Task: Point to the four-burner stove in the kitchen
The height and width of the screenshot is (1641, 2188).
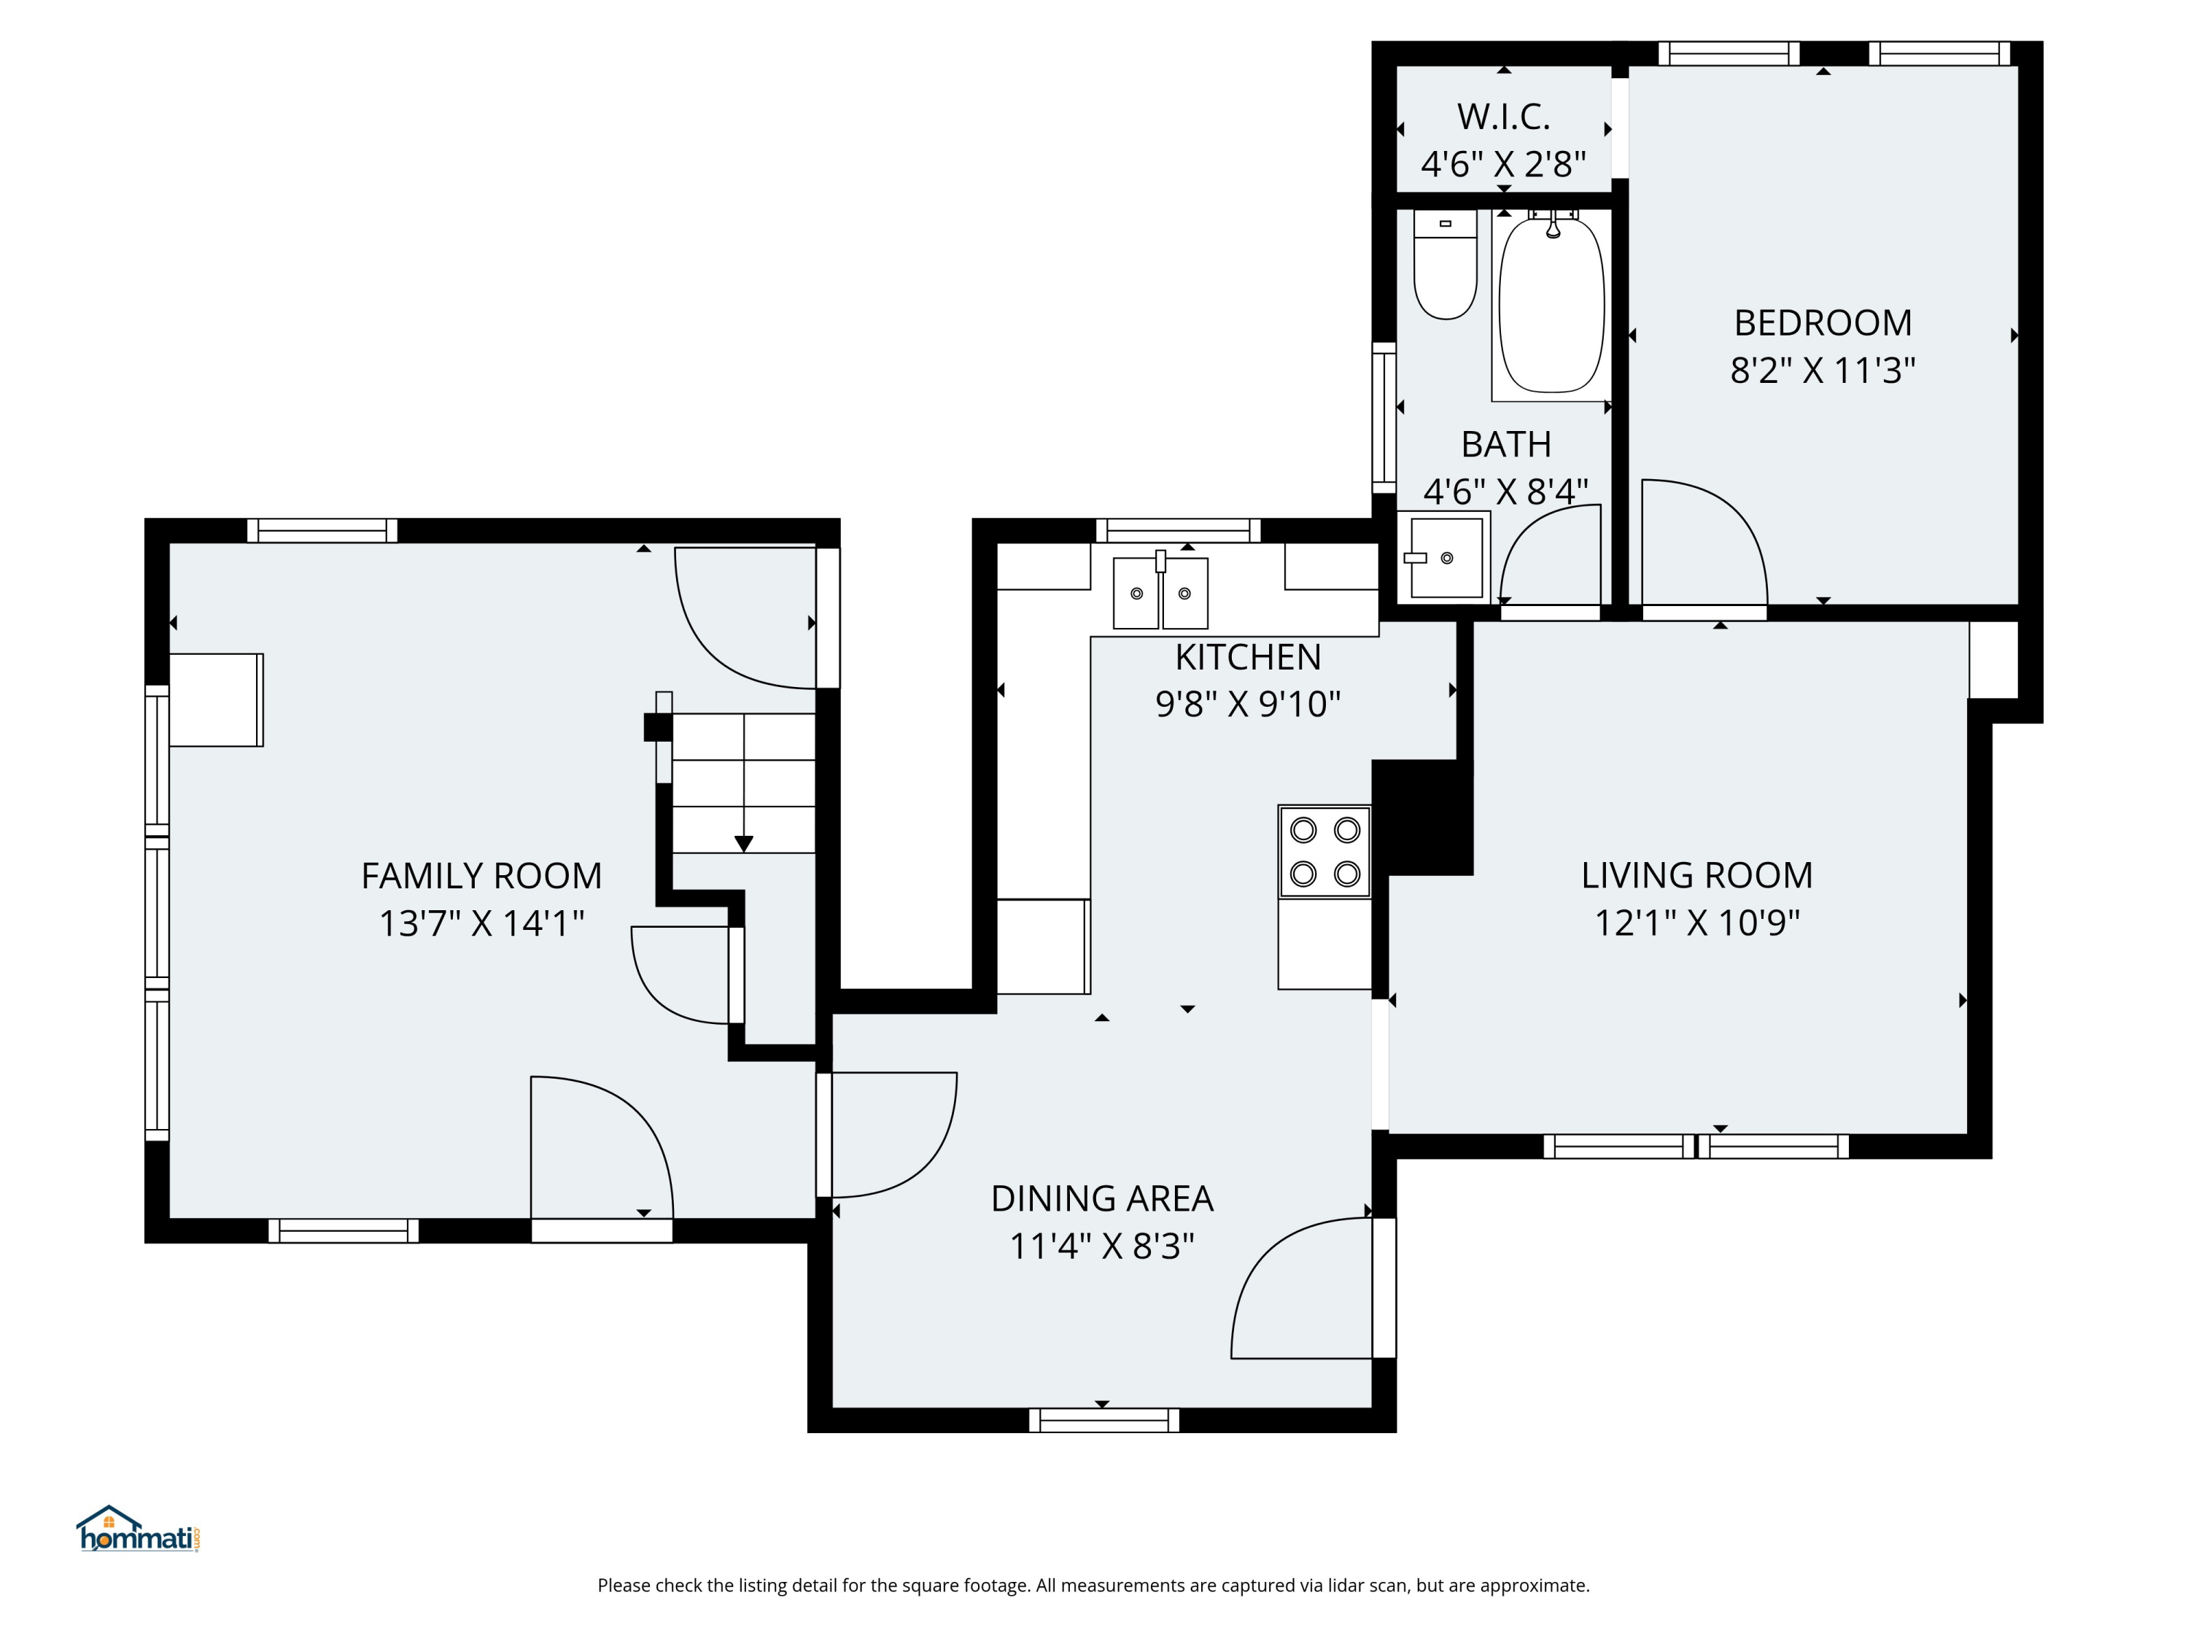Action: tap(1324, 852)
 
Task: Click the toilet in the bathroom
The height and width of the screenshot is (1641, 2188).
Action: tap(1445, 264)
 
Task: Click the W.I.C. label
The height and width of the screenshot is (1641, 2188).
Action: tap(1502, 117)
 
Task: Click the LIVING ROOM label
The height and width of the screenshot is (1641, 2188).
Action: tap(1696, 875)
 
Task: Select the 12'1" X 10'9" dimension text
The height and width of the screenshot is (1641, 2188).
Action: tap(1696, 923)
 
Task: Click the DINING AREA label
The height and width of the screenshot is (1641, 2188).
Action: tap(1102, 1199)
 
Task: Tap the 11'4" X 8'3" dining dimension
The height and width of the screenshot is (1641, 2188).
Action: tap(1102, 1246)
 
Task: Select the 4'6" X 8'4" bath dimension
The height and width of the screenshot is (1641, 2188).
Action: tap(1505, 491)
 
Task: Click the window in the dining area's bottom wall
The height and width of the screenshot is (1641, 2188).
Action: tap(1104, 1421)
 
